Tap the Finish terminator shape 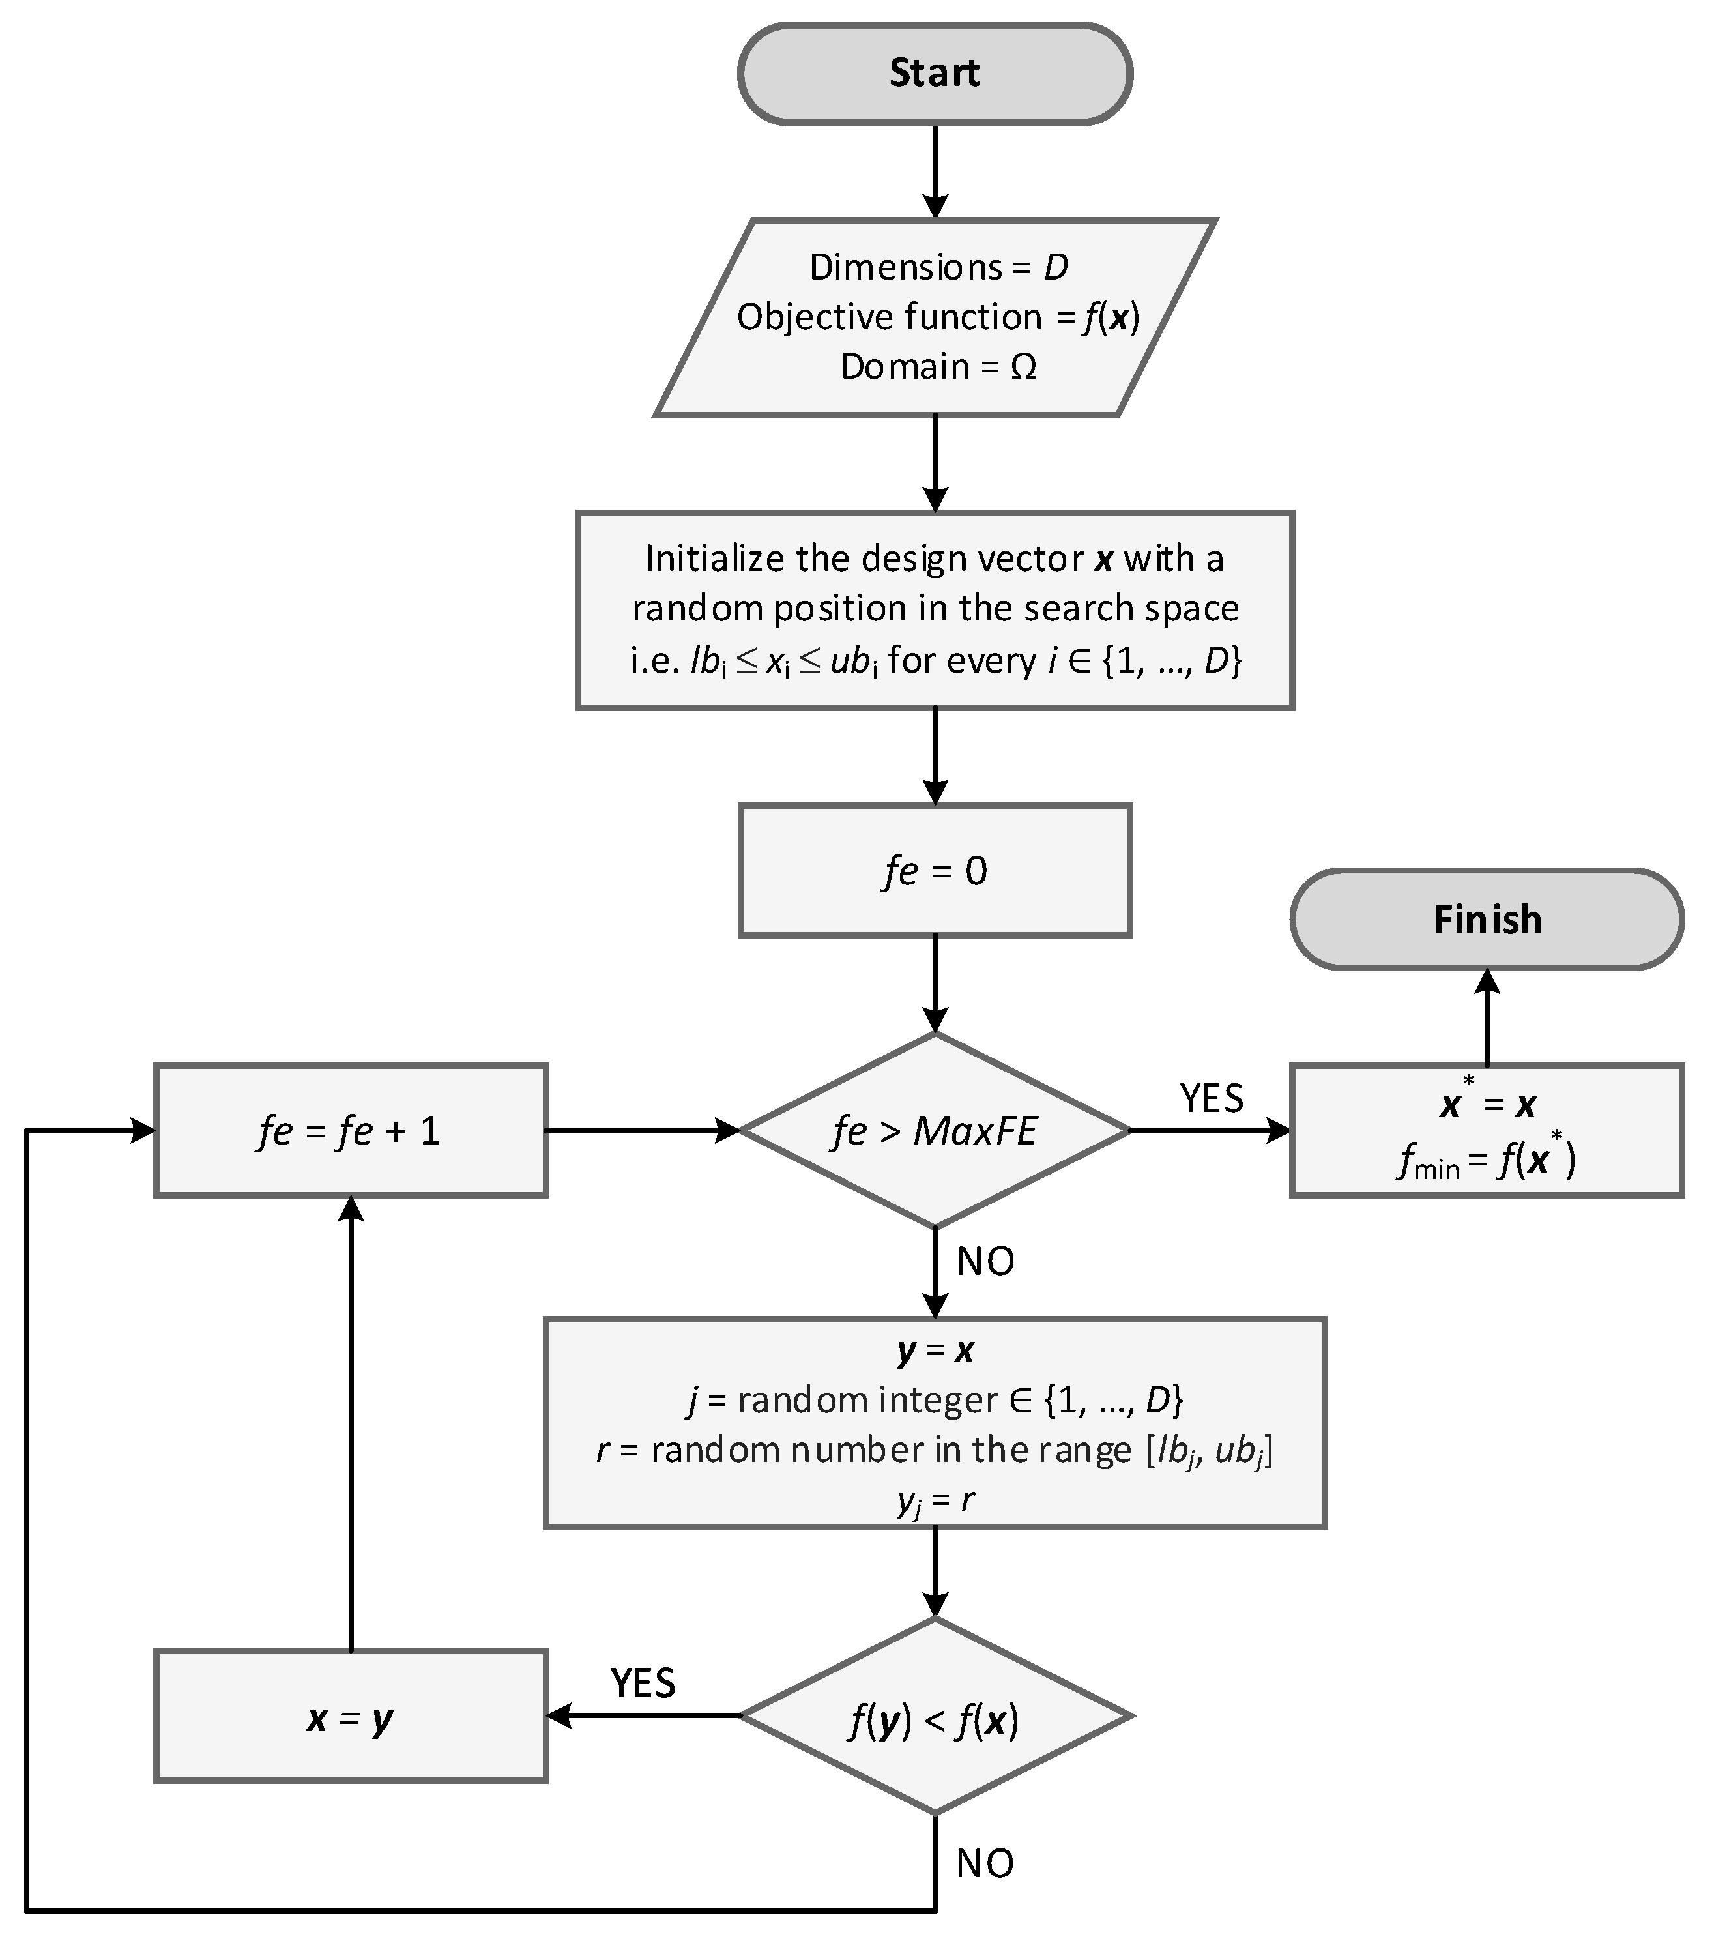point(1486,919)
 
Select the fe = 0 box point(935,871)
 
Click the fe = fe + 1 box point(351,1130)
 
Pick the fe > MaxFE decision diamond point(935,1130)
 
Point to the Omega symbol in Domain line point(1023,366)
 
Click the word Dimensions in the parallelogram point(905,267)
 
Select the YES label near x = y point(643,1683)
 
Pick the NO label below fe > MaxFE point(985,1261)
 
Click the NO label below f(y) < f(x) point(985,1863)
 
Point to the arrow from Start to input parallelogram point(935,171)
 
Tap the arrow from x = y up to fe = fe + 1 point(351,1424)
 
